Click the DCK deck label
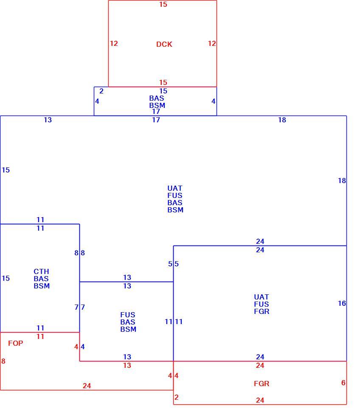coord(164,44)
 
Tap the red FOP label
coord(15,343)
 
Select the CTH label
coord(41,271)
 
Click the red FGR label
coord(262,384)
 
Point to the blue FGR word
coord(262,311)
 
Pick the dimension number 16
coord(342,304)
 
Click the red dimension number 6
coord(343,383)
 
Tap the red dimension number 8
coord(3,361)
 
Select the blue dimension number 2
coord(101,91)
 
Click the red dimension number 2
coord(177,397)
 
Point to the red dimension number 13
coord(127,366)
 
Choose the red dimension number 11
coord(40,336)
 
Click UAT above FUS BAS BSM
coord(175,189)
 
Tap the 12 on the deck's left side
coord(114,44)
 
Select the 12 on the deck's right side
coord(212,44)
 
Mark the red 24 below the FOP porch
coord(87,386)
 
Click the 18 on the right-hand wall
coord(342,181)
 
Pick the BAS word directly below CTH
coord(41,279)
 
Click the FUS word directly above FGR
coord(262,304)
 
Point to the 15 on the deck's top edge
coord(163,5)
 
